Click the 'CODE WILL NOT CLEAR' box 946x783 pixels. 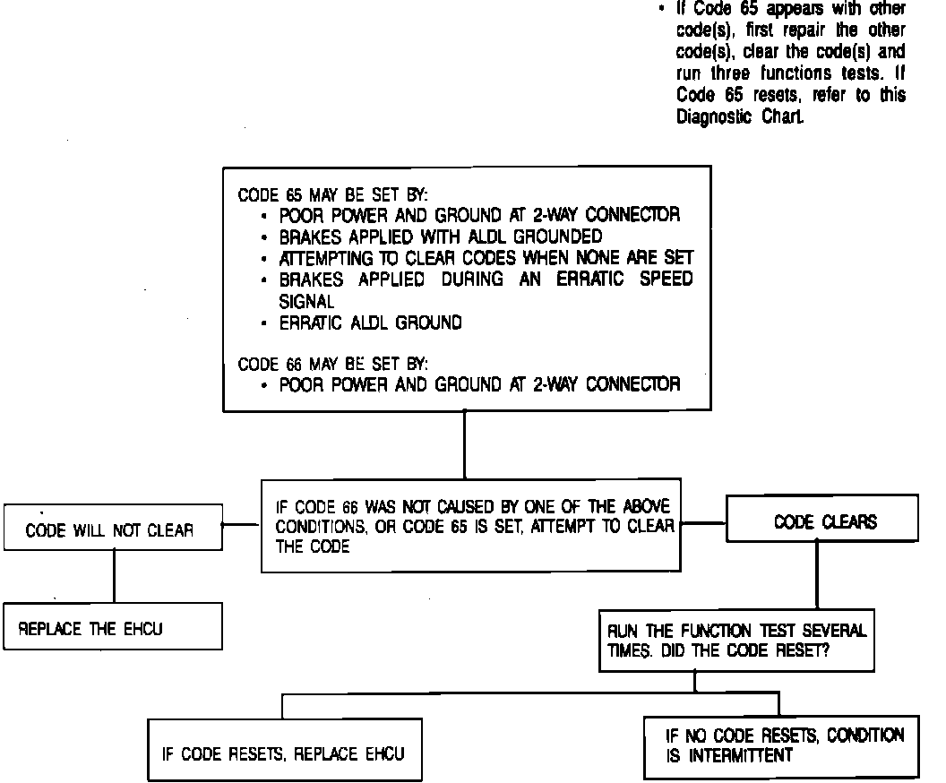pyautogui.click(x=111, y=529)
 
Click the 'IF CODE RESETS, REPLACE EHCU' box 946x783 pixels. pyautogui.click(x=284, y=753)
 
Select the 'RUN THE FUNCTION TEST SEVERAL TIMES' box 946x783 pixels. pyautogui.click(x=735, y=641)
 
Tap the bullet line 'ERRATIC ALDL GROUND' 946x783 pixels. pyautogui.click(x=371, y=323)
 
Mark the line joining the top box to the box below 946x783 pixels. pyautogui.click(x=464, y=444)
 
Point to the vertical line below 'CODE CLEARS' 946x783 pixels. pyautogui.click(x=817, y=576)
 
